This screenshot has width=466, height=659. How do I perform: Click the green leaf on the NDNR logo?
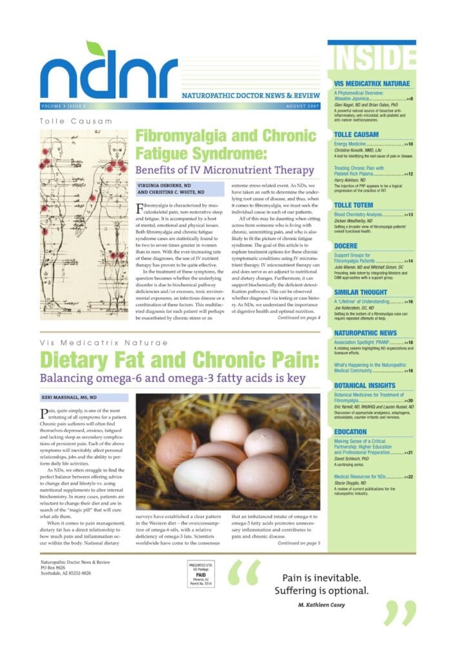click(94, 49)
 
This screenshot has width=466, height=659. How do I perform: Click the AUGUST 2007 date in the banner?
click(302, 106)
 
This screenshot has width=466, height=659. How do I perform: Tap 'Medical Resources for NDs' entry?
click(365, 476)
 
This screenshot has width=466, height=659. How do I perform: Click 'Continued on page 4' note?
click(299, 318)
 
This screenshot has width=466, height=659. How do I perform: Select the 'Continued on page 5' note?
click(299, 543)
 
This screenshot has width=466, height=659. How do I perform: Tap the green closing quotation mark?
click(400, 613)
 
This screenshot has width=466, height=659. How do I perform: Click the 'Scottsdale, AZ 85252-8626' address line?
click(66, 573)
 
